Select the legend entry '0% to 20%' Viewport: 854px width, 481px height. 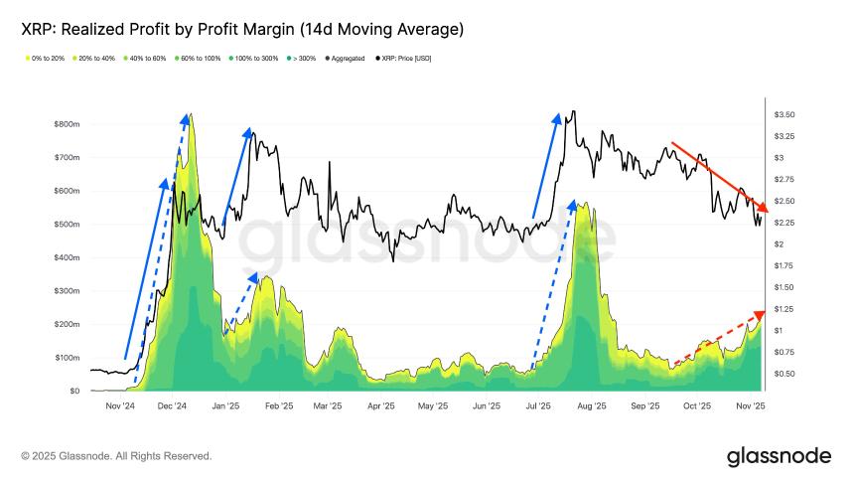45,59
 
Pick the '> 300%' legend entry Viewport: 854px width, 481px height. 304,59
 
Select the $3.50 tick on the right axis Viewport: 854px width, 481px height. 783,115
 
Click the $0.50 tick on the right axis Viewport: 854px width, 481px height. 783,374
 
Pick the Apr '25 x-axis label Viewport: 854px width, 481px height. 380,405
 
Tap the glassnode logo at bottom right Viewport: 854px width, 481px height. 779,456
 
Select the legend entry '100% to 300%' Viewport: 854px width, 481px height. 256,59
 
